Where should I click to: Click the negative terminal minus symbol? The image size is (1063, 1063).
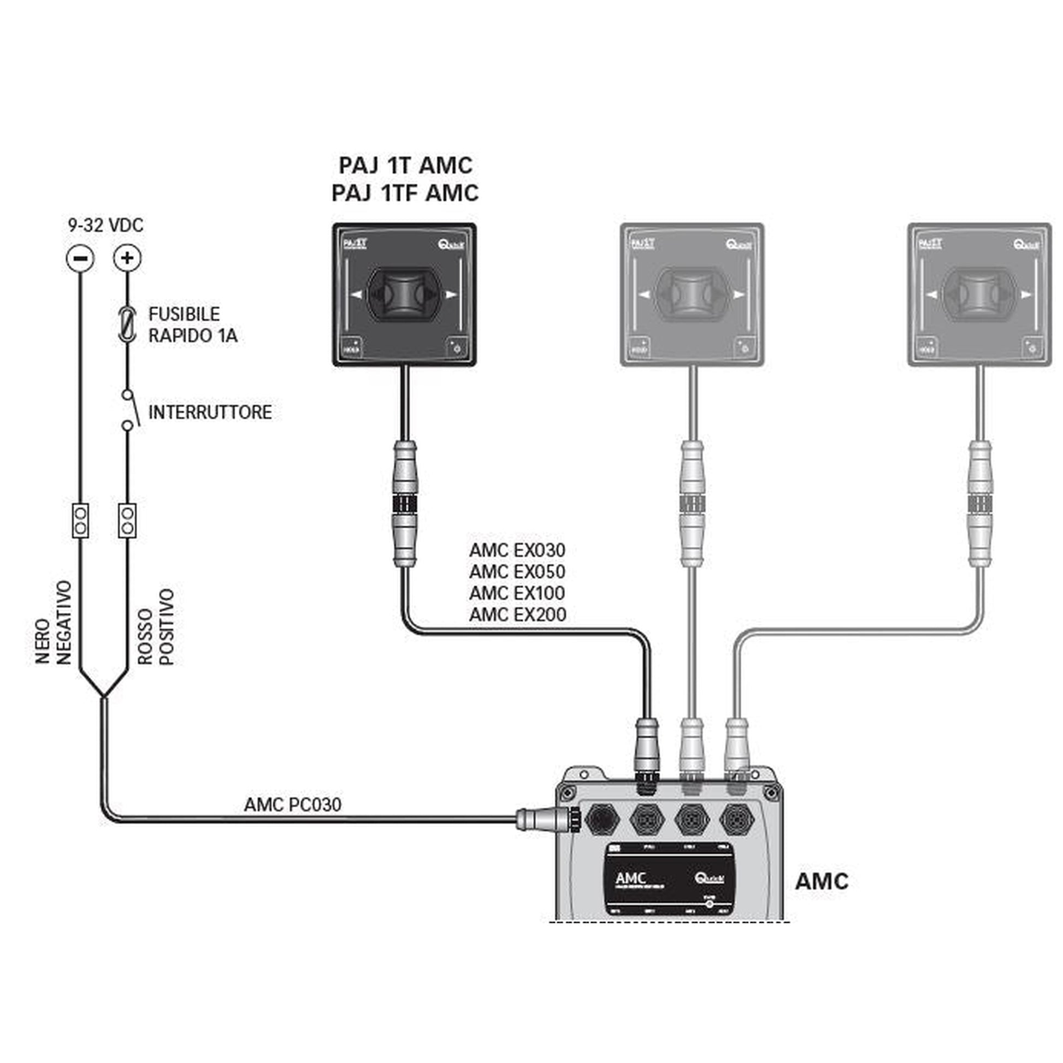pos(80,258)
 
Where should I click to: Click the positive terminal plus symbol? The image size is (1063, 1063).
pos(127,258)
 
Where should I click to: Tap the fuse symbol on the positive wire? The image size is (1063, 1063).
pos(127,324)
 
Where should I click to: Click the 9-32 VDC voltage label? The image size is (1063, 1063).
pos(105,225)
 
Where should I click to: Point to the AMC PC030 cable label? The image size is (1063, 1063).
pos(293,805)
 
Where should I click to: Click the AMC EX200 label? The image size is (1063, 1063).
pos(518,615)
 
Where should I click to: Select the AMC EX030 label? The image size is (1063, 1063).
pos(517,550)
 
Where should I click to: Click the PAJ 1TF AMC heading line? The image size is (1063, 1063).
pos(405,193)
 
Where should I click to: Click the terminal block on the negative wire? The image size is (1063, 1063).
pos(80,521)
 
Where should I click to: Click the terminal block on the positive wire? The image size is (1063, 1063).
pos(127,521)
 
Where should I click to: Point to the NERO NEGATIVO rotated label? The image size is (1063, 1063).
pos(54,622)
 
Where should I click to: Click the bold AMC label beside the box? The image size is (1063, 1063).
pos(822,882)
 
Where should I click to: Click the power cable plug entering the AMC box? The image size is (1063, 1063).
pos(545,819)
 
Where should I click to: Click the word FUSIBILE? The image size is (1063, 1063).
pos(184,314)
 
